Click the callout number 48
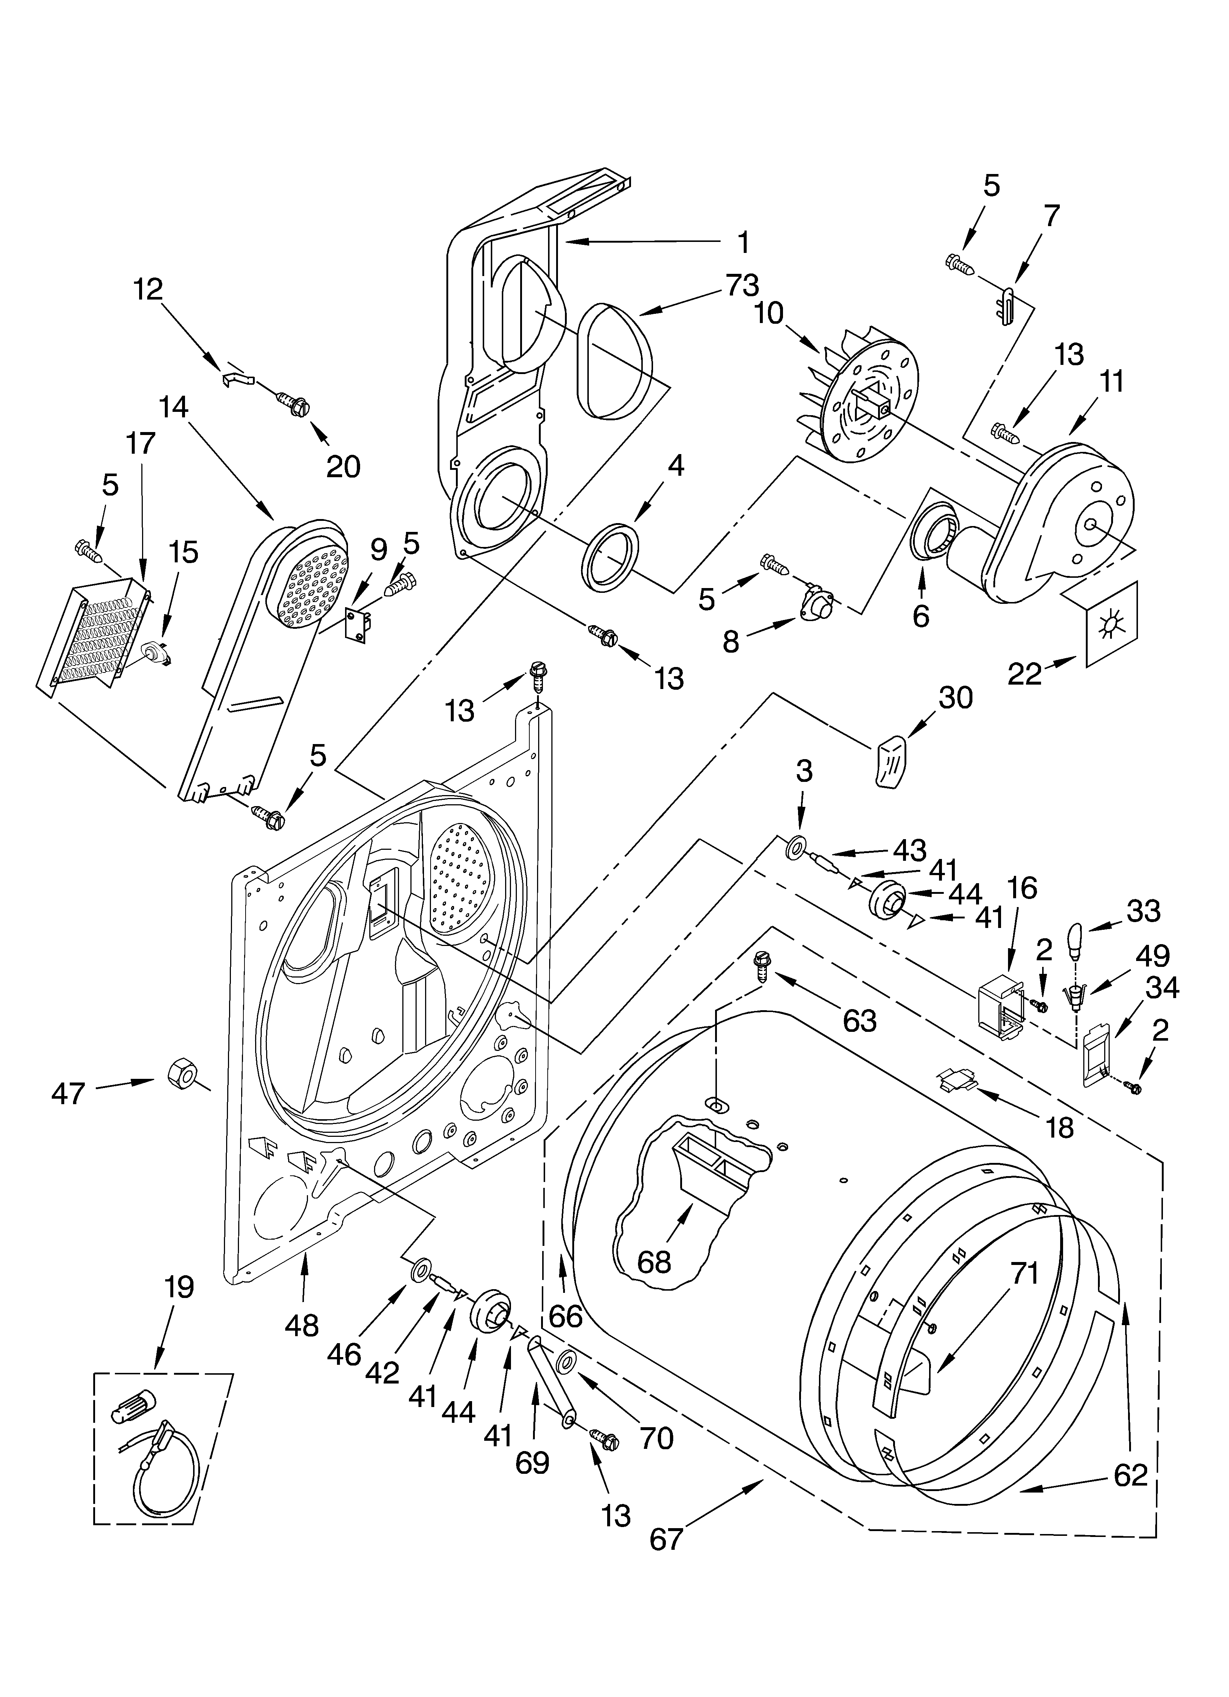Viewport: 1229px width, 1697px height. click(x=302, y=1325)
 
